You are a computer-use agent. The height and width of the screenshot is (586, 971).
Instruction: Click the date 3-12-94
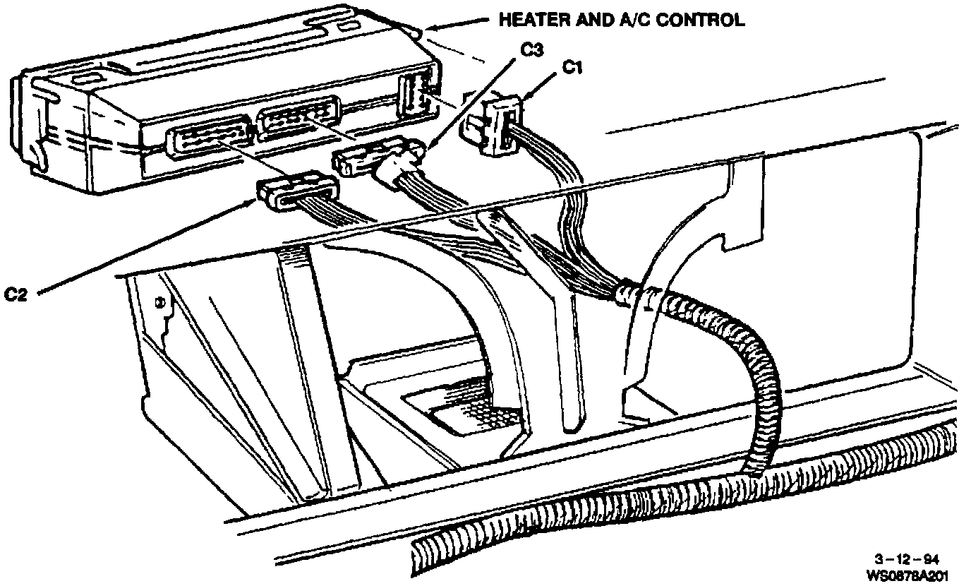tap(915, 557)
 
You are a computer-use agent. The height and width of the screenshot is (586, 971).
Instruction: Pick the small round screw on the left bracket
tap(160, 304)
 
